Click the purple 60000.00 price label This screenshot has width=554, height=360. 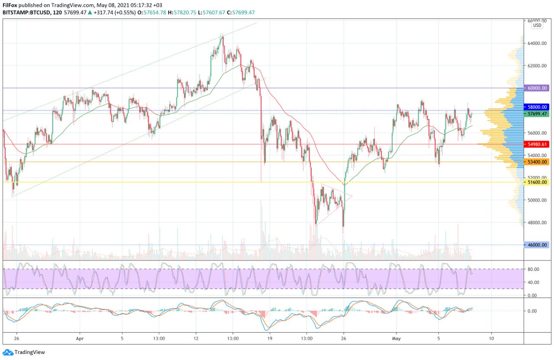[x=537, y=88]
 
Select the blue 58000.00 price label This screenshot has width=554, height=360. [x=537, y=107]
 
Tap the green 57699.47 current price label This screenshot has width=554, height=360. [x=537, y=114]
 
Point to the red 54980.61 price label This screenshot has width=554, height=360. [x=537, y=144]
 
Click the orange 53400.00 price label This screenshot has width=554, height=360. [x=537, y=162]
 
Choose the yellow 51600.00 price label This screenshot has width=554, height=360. [x=537, y=183]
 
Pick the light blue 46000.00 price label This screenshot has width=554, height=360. [x=537, y=245]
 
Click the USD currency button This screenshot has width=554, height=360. [x=537, y=26]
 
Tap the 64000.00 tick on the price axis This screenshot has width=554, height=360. [x=537, y=43]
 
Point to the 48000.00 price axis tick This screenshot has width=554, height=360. [x=537, y=223]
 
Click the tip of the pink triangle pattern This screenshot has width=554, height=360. [x=352, y=196]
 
